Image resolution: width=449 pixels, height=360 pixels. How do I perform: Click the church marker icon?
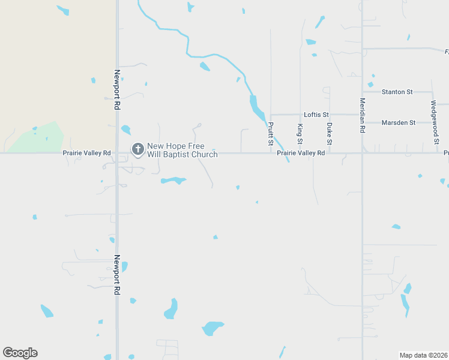pos(137,149)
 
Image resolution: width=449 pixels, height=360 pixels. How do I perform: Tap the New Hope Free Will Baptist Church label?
pos(182,150)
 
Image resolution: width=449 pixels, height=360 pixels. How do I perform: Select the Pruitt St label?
pos(271,134)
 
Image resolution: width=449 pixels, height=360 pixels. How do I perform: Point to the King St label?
pos(300,134)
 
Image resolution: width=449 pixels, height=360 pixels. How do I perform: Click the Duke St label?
pos(329,134)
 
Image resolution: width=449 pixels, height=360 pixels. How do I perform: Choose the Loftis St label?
pos(316,114)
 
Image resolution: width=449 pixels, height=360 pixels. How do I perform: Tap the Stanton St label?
pos(397,92)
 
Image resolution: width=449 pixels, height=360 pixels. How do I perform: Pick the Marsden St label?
pos(399,122)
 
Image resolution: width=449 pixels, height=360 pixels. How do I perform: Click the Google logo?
pos(20,352)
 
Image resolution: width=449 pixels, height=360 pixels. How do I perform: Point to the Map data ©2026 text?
pos(423,355)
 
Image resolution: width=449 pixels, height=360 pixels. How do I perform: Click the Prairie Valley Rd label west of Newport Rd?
pos(86,153)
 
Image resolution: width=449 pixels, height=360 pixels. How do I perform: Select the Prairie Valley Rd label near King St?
pos(301,153)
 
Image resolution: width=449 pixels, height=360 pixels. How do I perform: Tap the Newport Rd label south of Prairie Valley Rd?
pos(117,275)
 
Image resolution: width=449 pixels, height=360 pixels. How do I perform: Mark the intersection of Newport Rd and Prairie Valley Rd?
pos(117,153)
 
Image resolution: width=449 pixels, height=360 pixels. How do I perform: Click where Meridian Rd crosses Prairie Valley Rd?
pos(363,153)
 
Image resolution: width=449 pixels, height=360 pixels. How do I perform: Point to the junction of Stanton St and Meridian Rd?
pos(363,92)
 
